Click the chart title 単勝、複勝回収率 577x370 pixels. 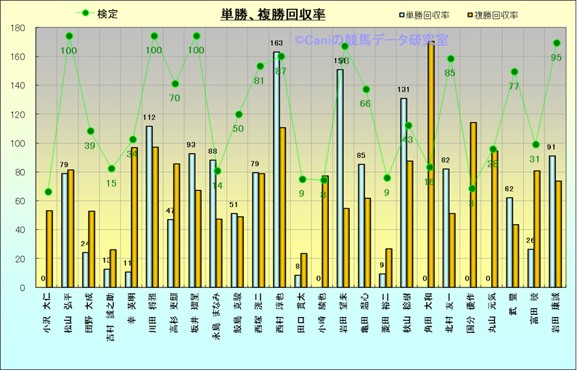click(x=273, y=15)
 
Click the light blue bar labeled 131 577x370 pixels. click(x=404, y=192)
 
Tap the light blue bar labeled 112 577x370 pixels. click(x=149, y=207)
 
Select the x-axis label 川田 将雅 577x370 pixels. click(x=152, y=313)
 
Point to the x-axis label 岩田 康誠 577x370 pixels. click(x=555, y=313)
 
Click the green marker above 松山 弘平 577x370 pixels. click(x=69, y=36)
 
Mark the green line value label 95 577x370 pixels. click(x=557, y=57)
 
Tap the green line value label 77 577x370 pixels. click(x=514, y=86)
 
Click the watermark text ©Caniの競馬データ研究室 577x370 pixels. click(x=371, y=40)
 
